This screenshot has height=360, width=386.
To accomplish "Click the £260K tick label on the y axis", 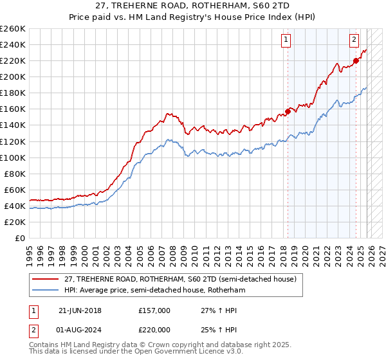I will pos(13,29).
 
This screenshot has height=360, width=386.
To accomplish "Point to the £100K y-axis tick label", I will pos(13,157).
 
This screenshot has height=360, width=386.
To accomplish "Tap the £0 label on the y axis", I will pos(19,238).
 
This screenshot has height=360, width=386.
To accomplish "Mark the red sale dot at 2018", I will pos(288,111).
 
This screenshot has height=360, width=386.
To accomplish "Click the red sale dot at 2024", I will pos(355,61).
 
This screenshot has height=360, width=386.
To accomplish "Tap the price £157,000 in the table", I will pos(154,310).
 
